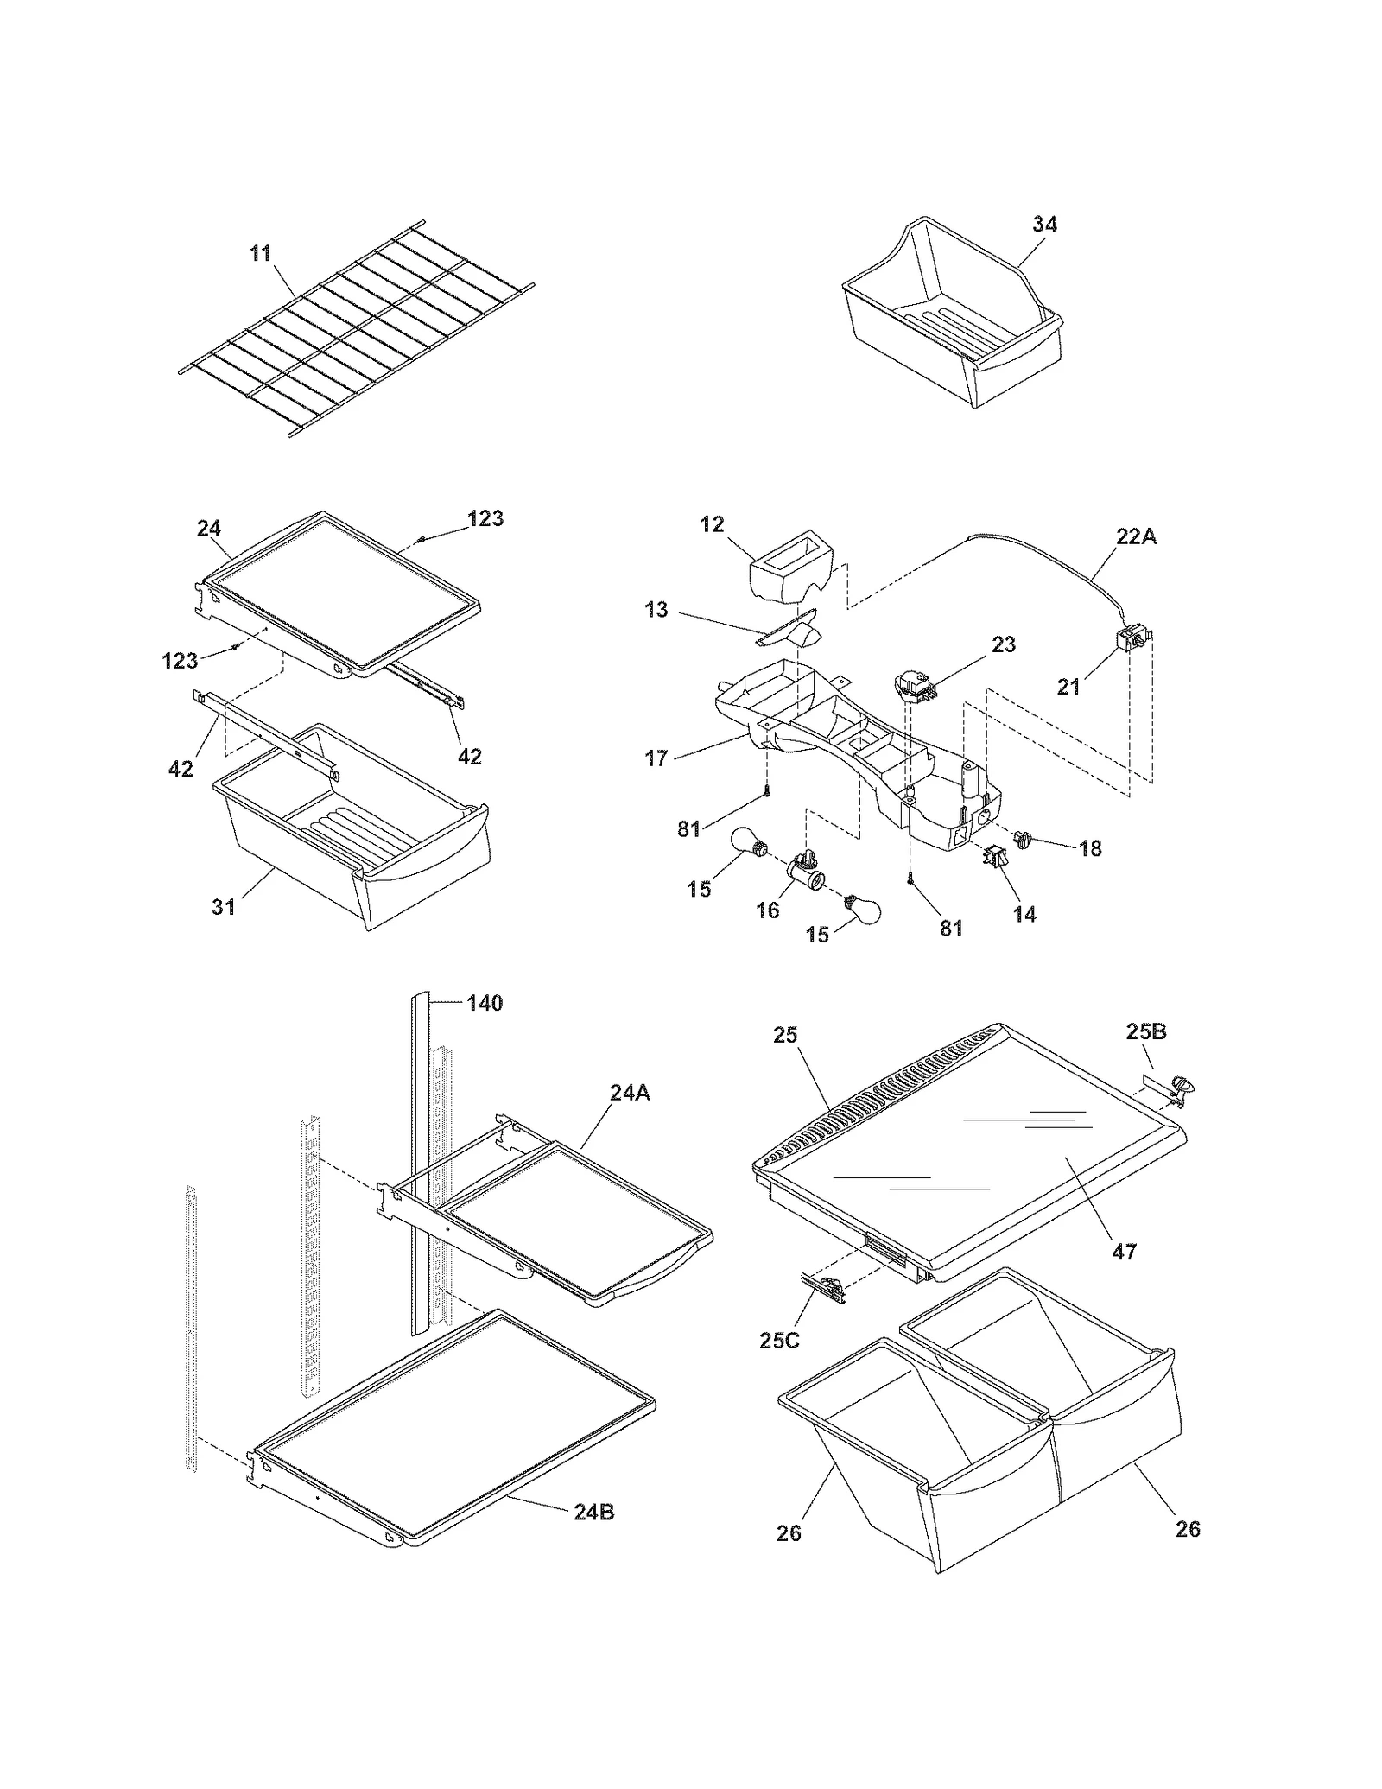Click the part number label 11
click(x=260, y=253)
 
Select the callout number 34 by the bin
click(x=1044, y=224)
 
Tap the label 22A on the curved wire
click(x=1136, y=536)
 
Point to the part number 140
click(x=485, y=1003)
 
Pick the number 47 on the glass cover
click(x=1124, y=1251)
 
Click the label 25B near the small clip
click(x=1146, y=1031)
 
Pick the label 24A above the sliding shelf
click(x=630, y=1093)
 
